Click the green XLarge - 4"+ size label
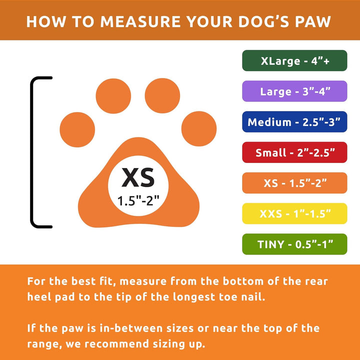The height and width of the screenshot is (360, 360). pos(294,61)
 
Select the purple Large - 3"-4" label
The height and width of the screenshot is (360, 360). pos(294,91)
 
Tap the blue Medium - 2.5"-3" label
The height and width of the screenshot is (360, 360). pos(294,122)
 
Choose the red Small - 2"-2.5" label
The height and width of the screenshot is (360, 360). pos(294,152)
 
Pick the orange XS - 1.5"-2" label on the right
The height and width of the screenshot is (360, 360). pos(294,183)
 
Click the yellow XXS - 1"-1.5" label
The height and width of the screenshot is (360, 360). pos(294,213)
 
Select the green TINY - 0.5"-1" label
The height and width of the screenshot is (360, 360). pos(294,244)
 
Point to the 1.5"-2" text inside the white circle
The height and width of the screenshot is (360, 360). pos(138,200)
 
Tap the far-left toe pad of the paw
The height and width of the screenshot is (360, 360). pos(77,129)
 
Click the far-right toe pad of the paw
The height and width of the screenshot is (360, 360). pos(199,129)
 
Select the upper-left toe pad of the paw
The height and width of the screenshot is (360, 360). pos(112,93)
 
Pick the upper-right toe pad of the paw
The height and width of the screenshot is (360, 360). pos(162,93)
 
